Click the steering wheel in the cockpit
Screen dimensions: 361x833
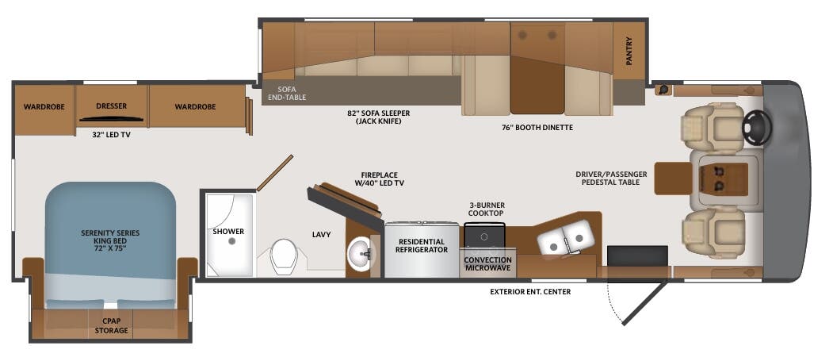pyautogui.click(x=755, y=126)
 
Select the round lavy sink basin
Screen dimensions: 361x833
pyautogui.click(x=361, y=255)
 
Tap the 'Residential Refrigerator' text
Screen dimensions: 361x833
pyautogui.click(x=421, y=245)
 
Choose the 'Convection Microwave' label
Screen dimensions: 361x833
pyautogui.click(x=487, y=264)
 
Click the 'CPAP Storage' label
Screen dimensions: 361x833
pyautogui.click(x=111, y=325)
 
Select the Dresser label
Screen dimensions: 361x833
pyautogui.click(x=112, y=106)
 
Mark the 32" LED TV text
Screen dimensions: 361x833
pyautogui.click(x=111, y=134)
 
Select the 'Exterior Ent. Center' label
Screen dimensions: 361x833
pyautogui.click(x=530, y=291)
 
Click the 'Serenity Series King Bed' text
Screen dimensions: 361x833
pyautogui.click(x=110, y=237)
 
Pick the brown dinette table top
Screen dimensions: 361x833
pyautogui.click(x=537, y=83)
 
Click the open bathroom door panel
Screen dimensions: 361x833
pyautogui.click(x=274, y=173)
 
